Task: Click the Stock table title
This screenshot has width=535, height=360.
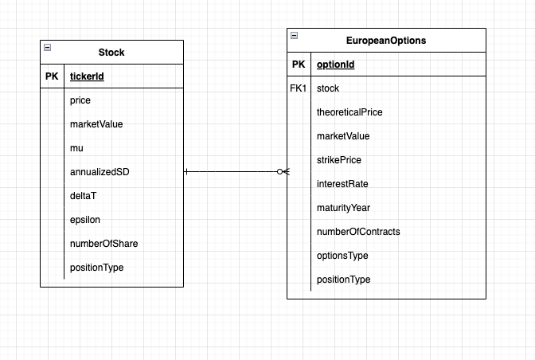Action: click(111, 53)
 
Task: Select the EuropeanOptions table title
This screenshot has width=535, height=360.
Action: click(386, 41)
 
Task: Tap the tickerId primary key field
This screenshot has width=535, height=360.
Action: click(88, 76)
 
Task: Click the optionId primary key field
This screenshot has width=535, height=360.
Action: click(335, 65)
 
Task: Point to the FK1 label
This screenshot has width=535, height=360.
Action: click(298, 88)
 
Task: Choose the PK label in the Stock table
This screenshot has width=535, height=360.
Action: click(52, 76)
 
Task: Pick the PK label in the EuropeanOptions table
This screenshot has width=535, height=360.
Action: click(299, 65)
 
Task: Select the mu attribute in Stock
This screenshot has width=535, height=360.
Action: click(76, 148)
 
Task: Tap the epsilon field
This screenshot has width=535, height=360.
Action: click(85, 220)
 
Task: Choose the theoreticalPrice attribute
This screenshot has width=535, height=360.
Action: click(350, 112)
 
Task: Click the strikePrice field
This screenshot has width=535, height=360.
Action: click(339, 160)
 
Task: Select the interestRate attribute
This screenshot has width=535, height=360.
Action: click(342, 184)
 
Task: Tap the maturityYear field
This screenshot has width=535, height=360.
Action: click(343, 208)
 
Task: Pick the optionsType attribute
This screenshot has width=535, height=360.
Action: click(342, 256)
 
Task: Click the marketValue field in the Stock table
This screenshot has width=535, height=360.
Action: click(96, 124)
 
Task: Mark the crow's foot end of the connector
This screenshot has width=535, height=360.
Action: click(283, 171)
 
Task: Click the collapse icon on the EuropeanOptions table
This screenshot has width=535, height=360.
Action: click(295, 36)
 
